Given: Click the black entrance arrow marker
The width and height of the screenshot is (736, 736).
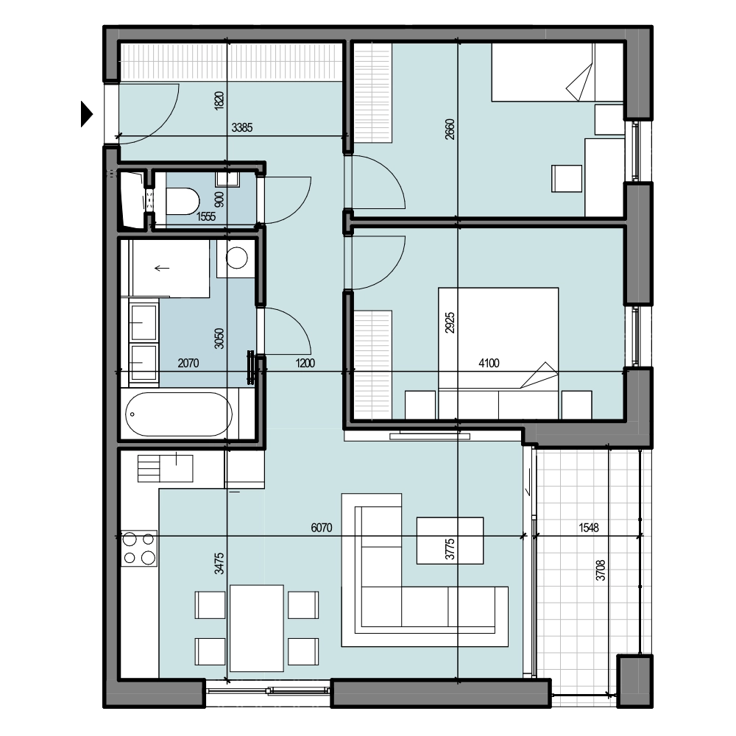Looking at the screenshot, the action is click(x=86, y=114).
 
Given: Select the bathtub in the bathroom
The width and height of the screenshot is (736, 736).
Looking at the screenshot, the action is click(x=178, y=414).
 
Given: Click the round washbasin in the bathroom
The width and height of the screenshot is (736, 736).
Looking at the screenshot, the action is click(x=236, y=258).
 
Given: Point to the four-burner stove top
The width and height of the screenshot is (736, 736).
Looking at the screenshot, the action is click(x=139, y=548).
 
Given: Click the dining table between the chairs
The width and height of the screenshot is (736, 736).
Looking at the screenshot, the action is click(x=257, y=628).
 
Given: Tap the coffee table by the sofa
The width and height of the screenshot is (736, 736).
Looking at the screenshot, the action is click(x=450, y=540).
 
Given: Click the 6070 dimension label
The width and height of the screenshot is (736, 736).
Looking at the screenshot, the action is click(x=322, y=528).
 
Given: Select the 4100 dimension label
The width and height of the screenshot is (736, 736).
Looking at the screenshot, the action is click(x=489, y=363).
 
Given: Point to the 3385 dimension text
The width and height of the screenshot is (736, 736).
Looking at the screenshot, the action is click(x=242, y=127).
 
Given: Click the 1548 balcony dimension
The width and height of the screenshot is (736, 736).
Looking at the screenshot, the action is click(x=589, y=528).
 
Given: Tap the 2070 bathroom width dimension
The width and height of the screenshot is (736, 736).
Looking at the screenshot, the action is click(x=188, y=363).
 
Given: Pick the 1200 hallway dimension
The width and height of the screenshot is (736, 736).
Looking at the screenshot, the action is click(x=305, y=363).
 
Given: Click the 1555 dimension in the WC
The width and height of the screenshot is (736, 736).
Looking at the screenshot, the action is click(x=206, y=216).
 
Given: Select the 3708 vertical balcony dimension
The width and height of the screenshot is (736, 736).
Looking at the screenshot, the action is click(x=601, y=570).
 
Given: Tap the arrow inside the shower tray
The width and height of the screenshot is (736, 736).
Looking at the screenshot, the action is click(x=162, y=269).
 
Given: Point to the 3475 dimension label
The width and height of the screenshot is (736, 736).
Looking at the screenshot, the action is click(x=219, y=563).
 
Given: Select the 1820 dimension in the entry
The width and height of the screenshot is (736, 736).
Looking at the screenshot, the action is click(x=219, y=101).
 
